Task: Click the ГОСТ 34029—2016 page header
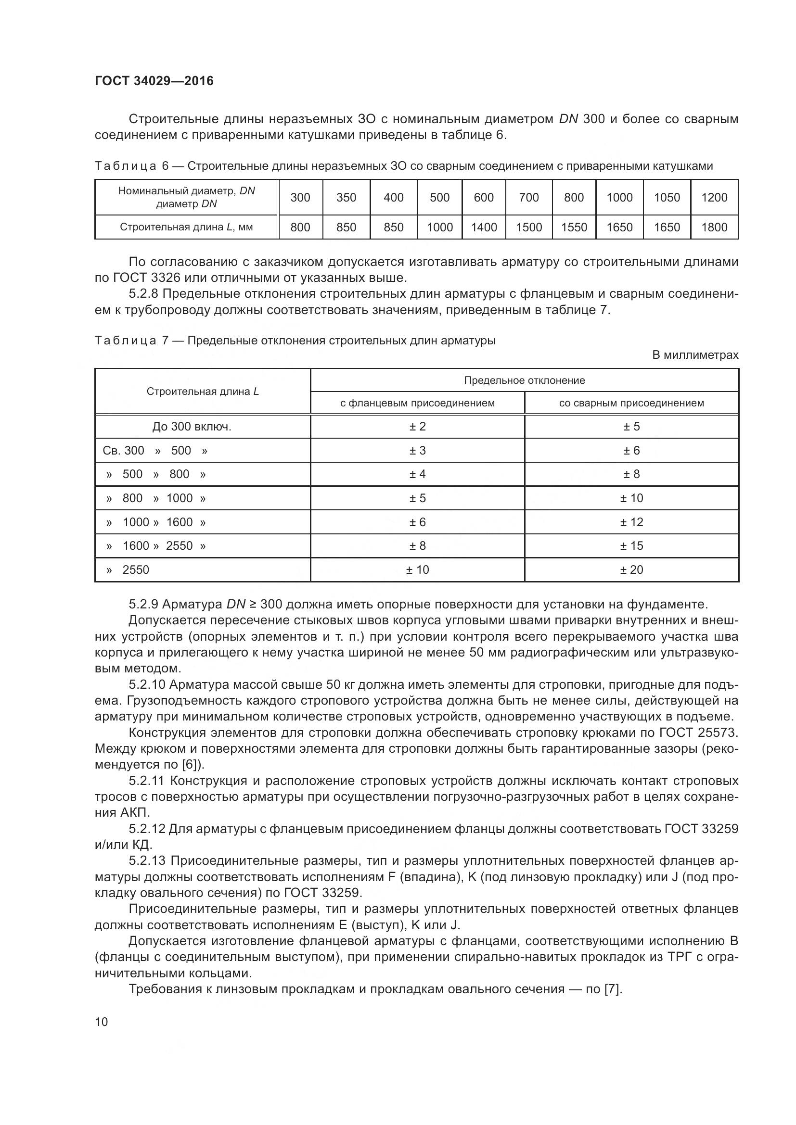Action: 154,81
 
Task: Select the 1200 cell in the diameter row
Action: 714,198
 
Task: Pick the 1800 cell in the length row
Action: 714,228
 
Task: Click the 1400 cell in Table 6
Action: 484,228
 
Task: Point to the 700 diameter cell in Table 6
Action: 529,198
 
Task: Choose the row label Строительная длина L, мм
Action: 186,228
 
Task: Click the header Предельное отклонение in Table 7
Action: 525,380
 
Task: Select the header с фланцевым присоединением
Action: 418,403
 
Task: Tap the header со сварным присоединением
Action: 631,403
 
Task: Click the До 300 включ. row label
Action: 192,427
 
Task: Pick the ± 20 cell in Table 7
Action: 631,570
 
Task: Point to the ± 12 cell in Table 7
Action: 631,522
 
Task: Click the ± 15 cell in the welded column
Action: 631,546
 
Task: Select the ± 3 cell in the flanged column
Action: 418,451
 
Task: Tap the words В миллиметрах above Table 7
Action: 695,355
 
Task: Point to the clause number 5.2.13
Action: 147,861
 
